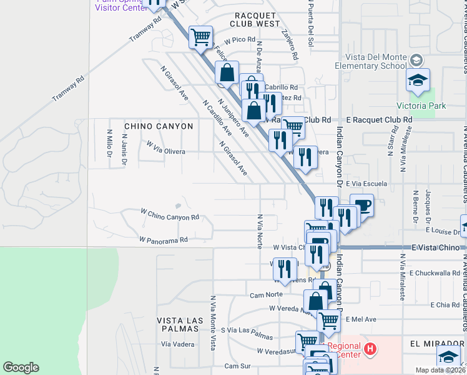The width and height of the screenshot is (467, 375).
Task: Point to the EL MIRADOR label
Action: (x=434, y=344)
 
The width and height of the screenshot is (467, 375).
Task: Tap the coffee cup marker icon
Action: (x=362, y=206)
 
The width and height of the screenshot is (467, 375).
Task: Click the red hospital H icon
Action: (x=370, y=348)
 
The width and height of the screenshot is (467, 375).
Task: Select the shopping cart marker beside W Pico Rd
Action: (x=200, y=37)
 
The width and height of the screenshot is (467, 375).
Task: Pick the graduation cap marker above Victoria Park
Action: (x=418, y=80)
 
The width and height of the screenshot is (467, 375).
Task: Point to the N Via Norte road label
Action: (x=259, y=230)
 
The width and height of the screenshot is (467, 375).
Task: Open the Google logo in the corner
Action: (x=21, y=367)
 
